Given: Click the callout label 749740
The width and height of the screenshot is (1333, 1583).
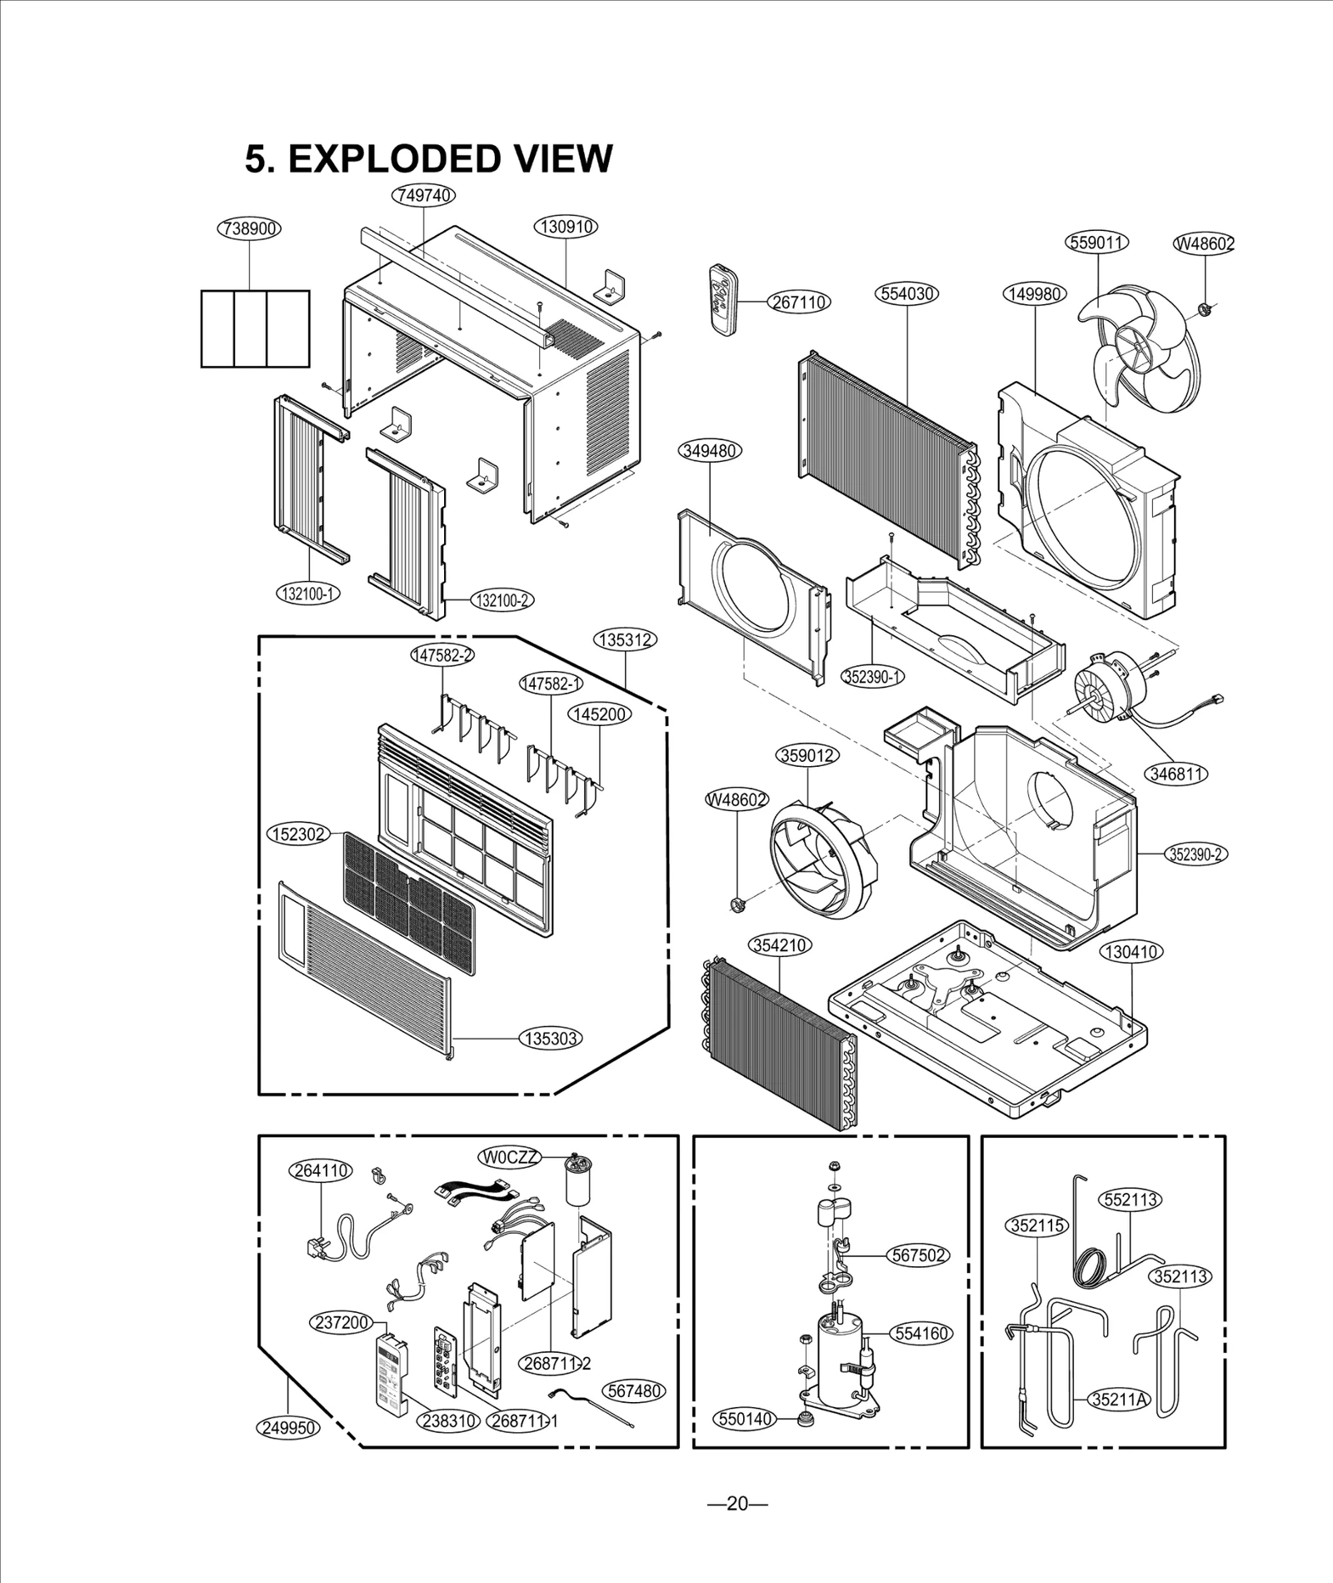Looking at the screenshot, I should (424, 195).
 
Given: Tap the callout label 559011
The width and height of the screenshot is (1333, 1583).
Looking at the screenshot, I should (1096, 243).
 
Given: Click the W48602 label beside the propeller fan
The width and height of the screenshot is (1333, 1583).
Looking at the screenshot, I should (1204, 243).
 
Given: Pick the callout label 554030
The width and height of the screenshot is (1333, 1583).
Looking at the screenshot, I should (907, 293).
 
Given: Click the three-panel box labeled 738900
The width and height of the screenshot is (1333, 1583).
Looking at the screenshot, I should (255, 328).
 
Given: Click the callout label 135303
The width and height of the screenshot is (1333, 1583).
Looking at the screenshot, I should (551, 1038).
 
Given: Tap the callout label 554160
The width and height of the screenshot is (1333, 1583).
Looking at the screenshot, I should (921, 1333).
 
